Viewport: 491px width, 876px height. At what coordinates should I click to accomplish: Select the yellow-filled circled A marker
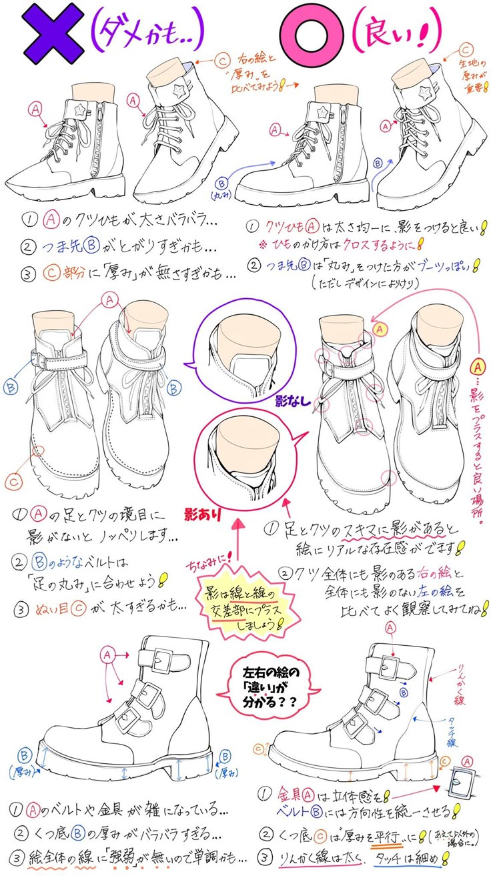(381, 328)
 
